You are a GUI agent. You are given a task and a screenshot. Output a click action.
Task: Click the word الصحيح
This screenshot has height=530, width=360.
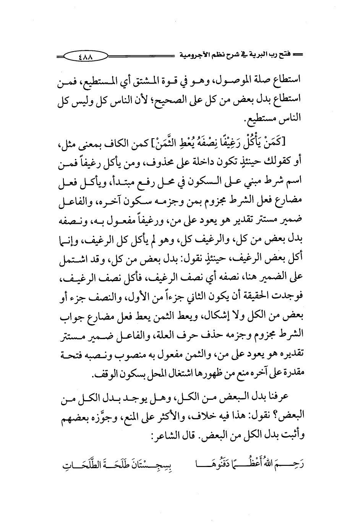(183, 99)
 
